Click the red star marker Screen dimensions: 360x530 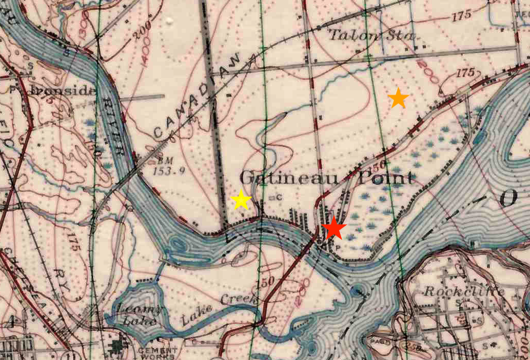coord(334,228)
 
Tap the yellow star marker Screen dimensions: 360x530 coord(241,200)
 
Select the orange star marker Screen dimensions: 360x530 coord(398,98)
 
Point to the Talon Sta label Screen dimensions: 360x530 coord(371,35)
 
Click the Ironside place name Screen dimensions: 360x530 coord(63,90)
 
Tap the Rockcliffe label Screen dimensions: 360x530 coord(464,291)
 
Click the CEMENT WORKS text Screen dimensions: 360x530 coord(157,353)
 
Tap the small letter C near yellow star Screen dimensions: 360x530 coord(279,196)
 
